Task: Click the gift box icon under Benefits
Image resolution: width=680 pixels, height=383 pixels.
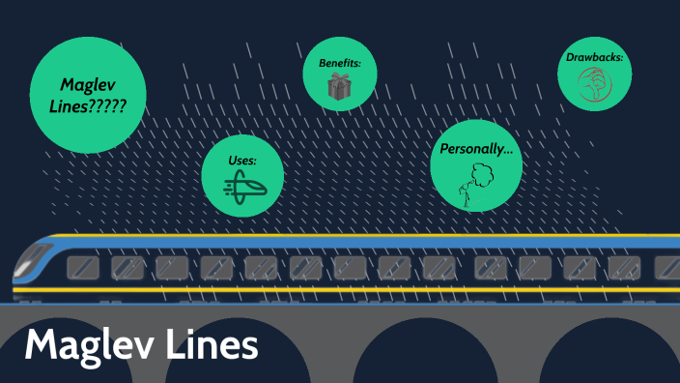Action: [x=339, y=87]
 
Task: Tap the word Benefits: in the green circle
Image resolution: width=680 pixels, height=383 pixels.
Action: [x=339, y=63]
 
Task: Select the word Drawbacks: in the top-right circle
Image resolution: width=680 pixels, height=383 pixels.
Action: [x=594, y=57]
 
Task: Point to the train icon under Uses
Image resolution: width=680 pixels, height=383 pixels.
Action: [x=242, y=186]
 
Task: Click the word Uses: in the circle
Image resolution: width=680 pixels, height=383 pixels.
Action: [x=242, y=159]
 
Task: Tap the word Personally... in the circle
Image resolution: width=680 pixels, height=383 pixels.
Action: [x=475, y=149]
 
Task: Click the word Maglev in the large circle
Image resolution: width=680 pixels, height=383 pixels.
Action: [x=88, y=84]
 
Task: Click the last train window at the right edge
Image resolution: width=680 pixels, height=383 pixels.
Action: [x=668, y=267]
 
